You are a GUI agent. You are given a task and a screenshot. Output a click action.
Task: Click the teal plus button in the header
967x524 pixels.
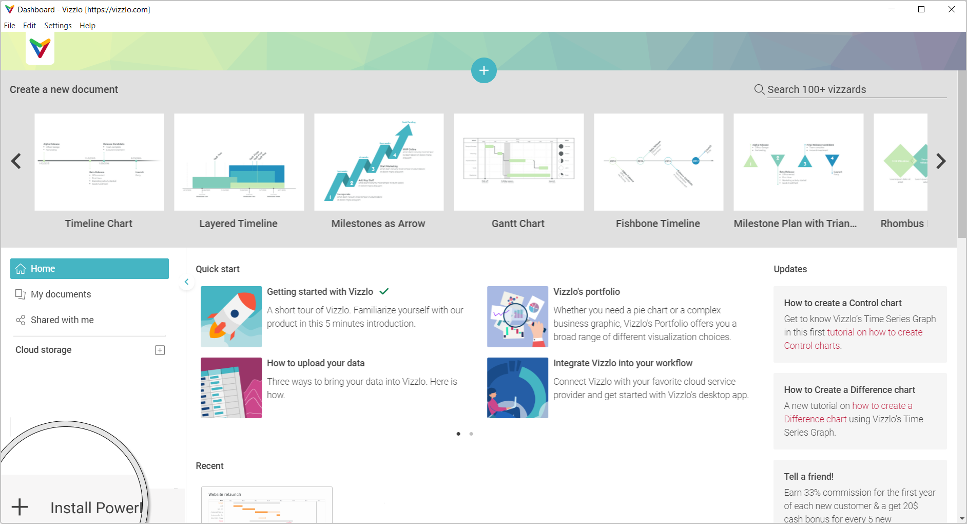(484, 70)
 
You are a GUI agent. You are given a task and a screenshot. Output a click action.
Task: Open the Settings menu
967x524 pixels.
(57, 26)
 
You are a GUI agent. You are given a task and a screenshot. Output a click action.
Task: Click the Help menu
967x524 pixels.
(87, 26)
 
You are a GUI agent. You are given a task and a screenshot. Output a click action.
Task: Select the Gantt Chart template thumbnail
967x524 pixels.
(518, 162)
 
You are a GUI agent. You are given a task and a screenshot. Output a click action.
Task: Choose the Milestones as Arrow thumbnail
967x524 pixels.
(379, 162)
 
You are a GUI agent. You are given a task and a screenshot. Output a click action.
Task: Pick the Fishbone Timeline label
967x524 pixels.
(657, 223)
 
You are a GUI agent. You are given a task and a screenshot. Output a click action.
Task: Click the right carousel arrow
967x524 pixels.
(940, 161)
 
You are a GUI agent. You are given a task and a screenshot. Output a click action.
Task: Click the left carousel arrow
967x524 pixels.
(16, 161)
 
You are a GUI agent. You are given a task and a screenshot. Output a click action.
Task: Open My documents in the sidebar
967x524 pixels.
(61, 294)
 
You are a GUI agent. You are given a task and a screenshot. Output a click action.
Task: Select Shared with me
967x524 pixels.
(62, 320)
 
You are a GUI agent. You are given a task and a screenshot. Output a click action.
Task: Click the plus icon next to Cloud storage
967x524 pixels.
(160, 350)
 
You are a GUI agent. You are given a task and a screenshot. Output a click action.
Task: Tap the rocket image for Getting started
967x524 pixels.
(231, 316)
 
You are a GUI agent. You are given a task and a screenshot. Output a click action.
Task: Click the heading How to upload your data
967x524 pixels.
(316, 363)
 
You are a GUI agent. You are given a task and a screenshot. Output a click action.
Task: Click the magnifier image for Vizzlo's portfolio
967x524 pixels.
(517, 316)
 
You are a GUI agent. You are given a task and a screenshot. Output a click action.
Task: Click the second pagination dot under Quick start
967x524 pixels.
(471, 434)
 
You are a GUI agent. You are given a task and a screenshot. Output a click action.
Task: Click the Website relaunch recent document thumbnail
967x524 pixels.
(266, 506)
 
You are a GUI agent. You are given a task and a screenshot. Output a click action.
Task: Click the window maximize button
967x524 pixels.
(921, 9)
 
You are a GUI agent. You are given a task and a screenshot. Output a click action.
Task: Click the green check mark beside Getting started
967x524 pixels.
(384, 291)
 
